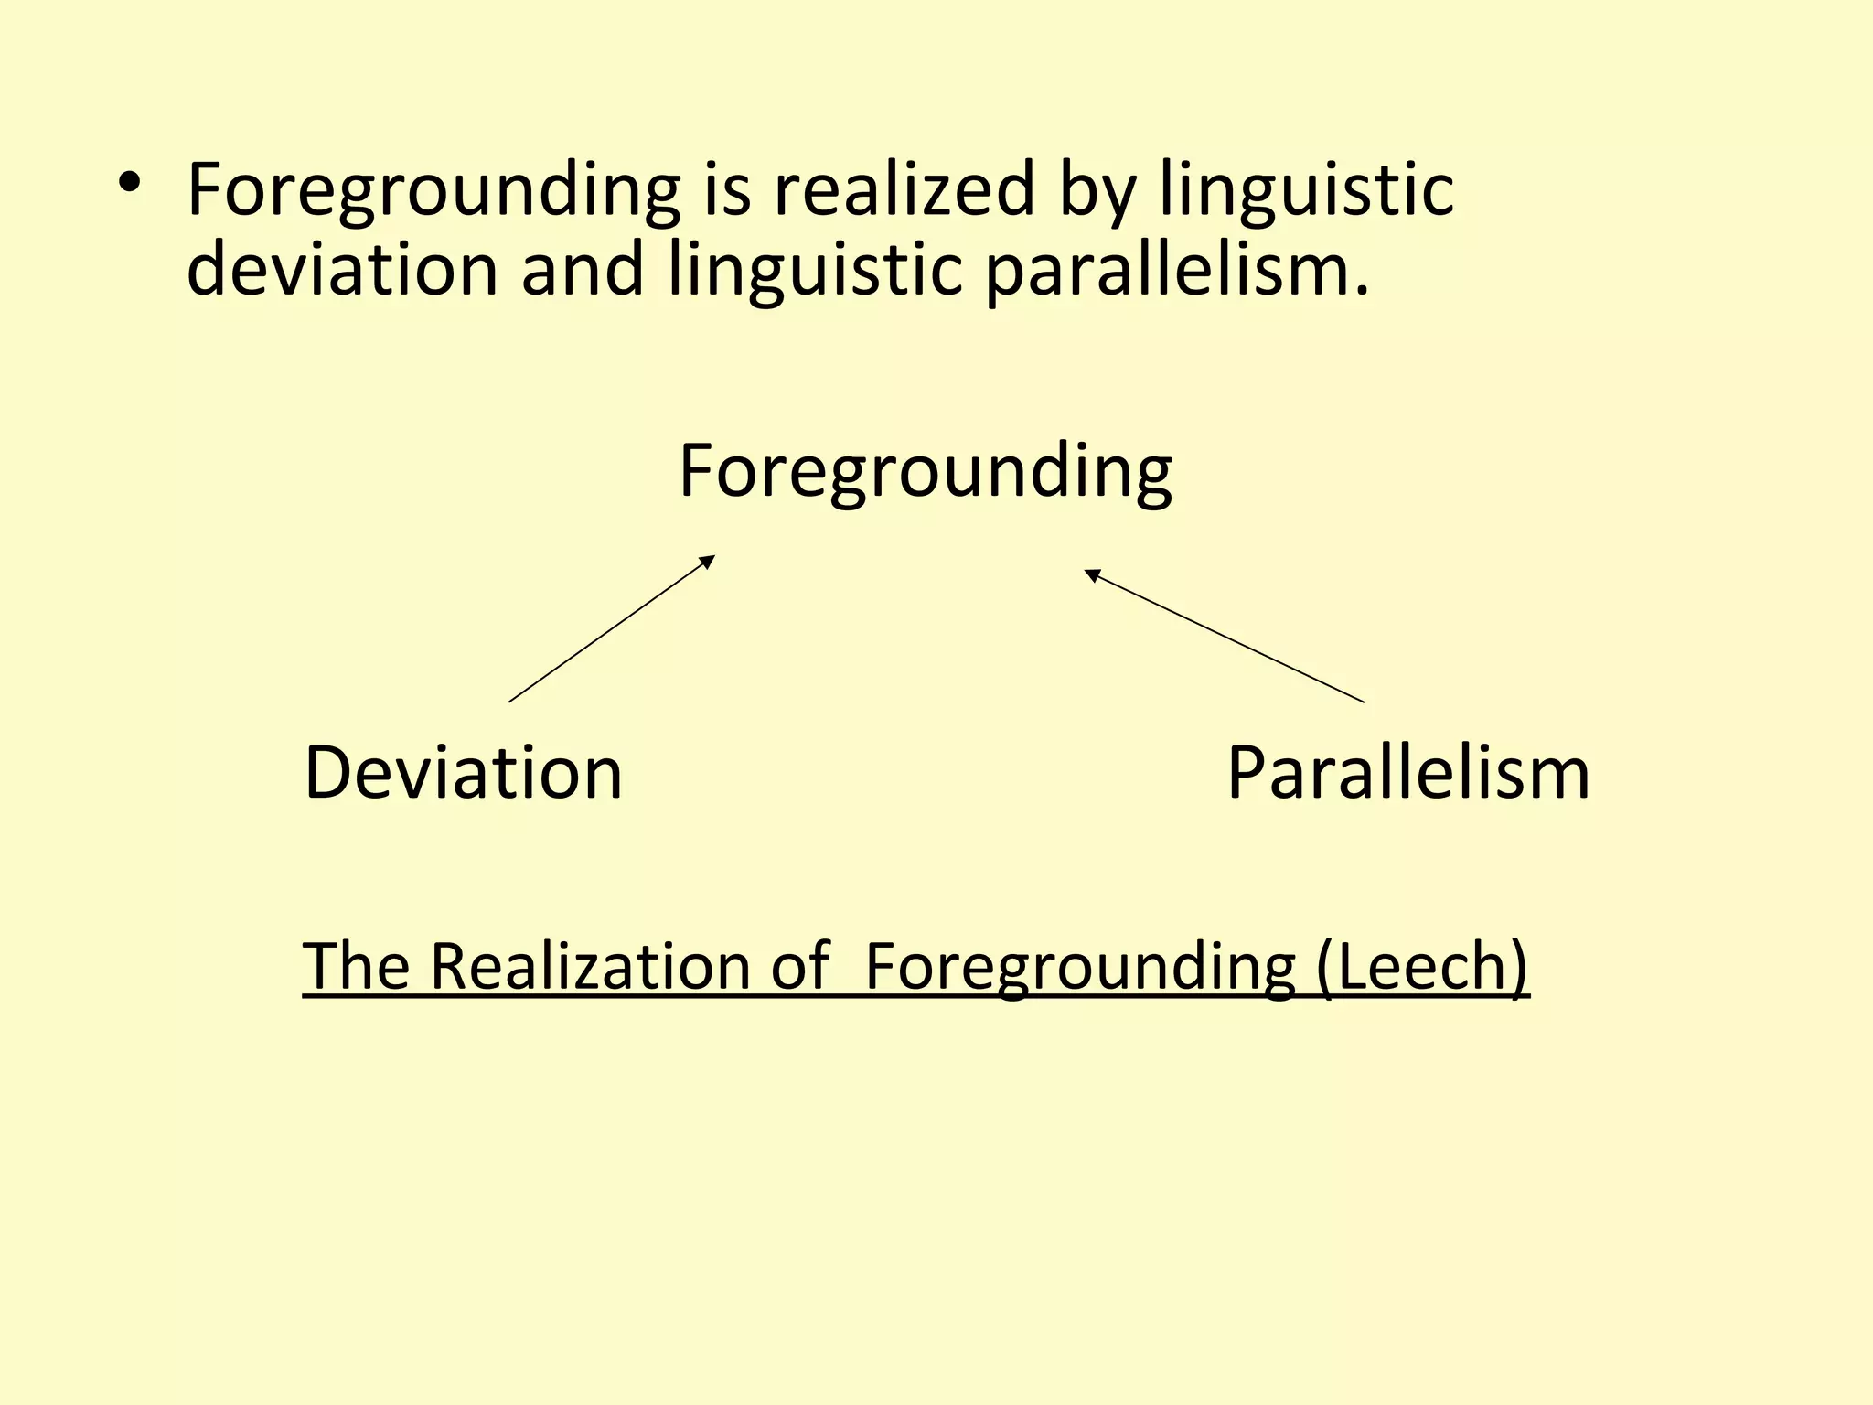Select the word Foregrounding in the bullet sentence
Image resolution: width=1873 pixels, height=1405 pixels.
[433, 191]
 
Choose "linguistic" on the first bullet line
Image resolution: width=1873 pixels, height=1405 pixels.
[1306, 192]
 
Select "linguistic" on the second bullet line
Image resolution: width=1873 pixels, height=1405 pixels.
[816, 273]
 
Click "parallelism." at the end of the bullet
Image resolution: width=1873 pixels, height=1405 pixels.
[1177, 273]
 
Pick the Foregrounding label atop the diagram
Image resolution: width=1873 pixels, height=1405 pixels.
[925, 472]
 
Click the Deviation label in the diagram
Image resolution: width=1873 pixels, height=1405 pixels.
[463, 774]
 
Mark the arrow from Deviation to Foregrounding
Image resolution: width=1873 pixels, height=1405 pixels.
[611, 629]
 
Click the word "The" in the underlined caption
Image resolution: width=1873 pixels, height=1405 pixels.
[357, 966]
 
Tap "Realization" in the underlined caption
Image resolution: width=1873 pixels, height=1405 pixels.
[590, 966]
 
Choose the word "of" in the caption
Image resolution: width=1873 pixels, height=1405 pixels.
[799, 967]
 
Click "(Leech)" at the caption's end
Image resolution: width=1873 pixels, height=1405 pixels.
[1422, 968]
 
